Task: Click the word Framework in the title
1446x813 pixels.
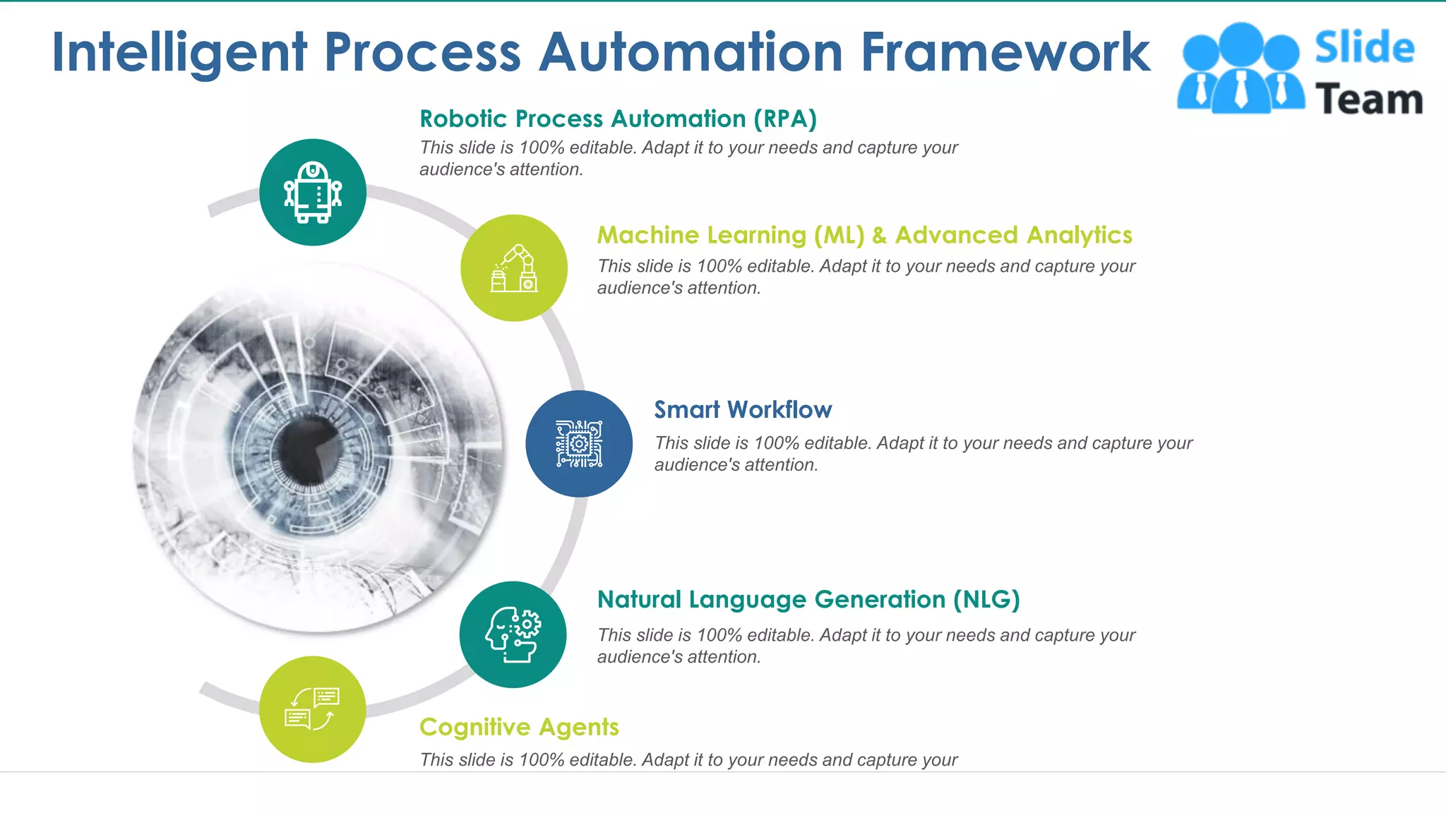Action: [x=1005, y=52]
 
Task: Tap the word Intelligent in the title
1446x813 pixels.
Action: [x=179, y=54]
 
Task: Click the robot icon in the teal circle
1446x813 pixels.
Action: [x=313, y=192]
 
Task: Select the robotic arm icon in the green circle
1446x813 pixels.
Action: [x=514, y=268]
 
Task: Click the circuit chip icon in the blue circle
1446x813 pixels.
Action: [x=579, y=444]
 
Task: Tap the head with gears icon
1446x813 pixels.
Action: [x=513, y=634]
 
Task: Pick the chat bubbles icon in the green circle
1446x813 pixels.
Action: [x=312, y=709]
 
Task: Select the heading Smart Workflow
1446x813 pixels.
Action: [x=743, y=410]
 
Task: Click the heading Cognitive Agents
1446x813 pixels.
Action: [x=519, y=727]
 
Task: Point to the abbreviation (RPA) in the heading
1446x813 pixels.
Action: [x=785, y=119]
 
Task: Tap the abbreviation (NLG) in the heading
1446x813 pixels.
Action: [x=986, y=600]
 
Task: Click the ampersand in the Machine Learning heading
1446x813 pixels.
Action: [x=879, y=235]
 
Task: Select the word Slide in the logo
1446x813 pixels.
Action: [x=1364, y=48]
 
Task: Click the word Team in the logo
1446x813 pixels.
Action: [x=1368, y=100]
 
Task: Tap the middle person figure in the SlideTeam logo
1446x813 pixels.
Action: [x=1241, y=67]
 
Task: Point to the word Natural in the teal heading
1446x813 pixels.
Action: [x=639, y=600]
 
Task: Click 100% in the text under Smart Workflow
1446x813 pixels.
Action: [x=776, y=443]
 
